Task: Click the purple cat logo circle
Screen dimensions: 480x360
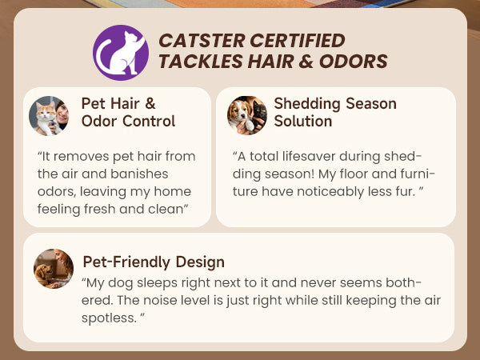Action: click(x=121, y=53)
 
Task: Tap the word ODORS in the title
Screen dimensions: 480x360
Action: click(x=354, y=62)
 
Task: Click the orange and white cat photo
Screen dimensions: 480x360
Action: click(x=49, y=116)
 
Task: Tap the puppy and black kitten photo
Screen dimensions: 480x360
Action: click(x=247, y=116)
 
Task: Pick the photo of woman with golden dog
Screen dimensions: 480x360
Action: click(x=54, y=269)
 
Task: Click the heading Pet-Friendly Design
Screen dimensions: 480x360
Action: click(x=154, y=262)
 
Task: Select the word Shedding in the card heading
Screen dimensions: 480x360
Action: click(x=307, y=104)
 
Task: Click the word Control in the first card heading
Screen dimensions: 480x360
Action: click(x=149, y=122)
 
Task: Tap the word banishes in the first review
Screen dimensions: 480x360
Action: click(x=139, y=174)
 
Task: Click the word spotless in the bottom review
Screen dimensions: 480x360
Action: click(x=109, y=318)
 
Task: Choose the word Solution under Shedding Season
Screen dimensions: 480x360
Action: click(x=303, y=122)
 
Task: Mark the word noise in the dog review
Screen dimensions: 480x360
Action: click(x=161, y=300)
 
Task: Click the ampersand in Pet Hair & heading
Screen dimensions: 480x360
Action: click(x=150, y=103)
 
